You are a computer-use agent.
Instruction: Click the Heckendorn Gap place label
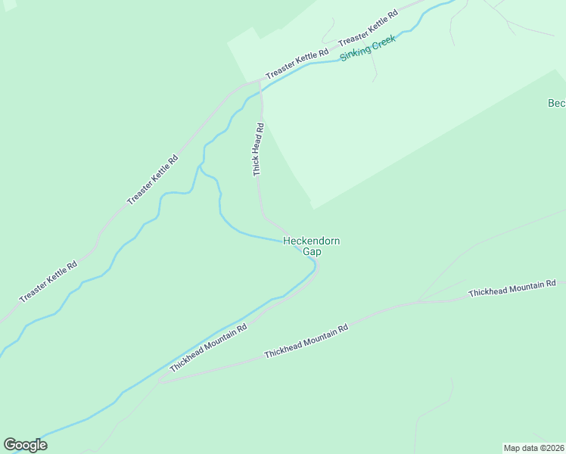[x=311, y=246]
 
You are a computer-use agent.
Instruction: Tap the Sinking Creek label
[x=368, y=48]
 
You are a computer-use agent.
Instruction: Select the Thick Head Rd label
[x=258, y=150]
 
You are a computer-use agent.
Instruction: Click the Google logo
[x=25, y=445]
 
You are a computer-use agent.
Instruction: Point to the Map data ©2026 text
[x=533, y=447]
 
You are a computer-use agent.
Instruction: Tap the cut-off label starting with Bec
[x=556, y=103]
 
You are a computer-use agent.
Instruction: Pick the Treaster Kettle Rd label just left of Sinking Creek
[x=296, y=65]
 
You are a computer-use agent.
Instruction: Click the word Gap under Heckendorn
[x=312, y=252]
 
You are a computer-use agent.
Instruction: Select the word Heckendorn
[x=311, y=241]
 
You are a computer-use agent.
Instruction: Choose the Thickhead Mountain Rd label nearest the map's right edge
[x=512, y=288]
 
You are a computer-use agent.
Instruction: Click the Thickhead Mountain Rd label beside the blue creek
[x=209, y=348]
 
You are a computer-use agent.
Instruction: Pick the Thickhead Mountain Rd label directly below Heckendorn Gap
[x=306, y=341]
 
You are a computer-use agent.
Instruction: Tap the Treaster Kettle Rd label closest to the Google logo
[x=48, y=281]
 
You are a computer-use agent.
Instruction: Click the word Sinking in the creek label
[x=353, y=54]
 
